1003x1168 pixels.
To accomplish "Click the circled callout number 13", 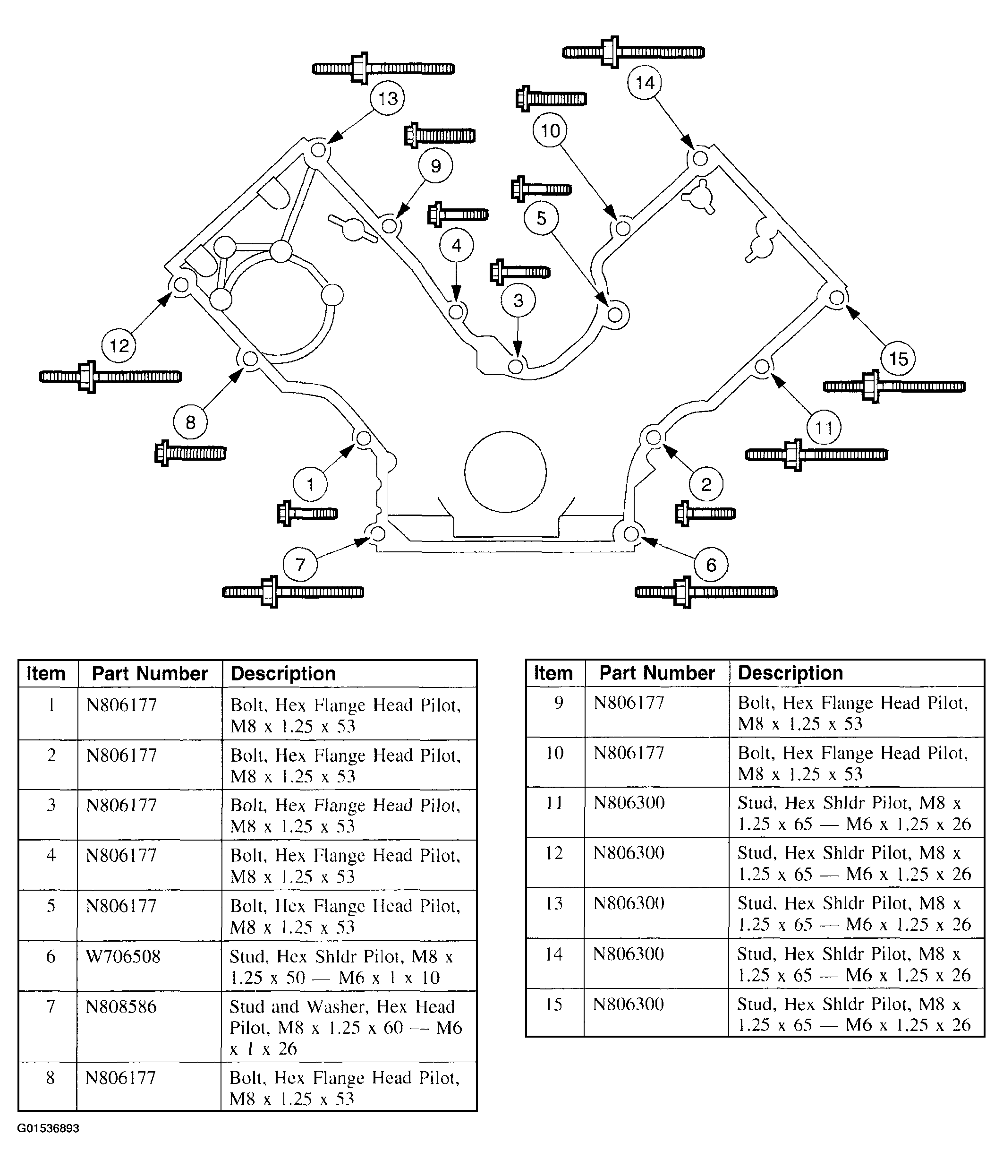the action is tap(388, 99).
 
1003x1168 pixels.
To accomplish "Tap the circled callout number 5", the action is tap(541, 218).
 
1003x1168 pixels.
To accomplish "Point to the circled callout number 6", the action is tap(711, 565).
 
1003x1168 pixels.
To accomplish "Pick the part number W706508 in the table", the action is tap(123, 957).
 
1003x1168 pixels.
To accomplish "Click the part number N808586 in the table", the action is tap(121, 1007).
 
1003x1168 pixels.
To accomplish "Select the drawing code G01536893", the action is tap(49, 1128).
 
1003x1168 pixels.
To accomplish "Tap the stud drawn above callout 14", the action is tap(633, 52).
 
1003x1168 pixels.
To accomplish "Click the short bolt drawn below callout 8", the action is tap(190, 453).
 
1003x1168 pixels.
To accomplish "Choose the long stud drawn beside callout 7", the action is tap(293, 592).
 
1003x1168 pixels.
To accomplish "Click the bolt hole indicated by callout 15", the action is tap(837, 298).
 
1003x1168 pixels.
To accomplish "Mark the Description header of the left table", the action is tap(283, 674).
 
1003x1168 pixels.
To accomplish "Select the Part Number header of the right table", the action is tap(657, 673).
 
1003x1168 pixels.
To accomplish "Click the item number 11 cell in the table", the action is tap(555, 803).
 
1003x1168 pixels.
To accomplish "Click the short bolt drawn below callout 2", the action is tap(705, 514).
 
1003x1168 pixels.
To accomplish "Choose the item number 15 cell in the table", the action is tap(554, 1004).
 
